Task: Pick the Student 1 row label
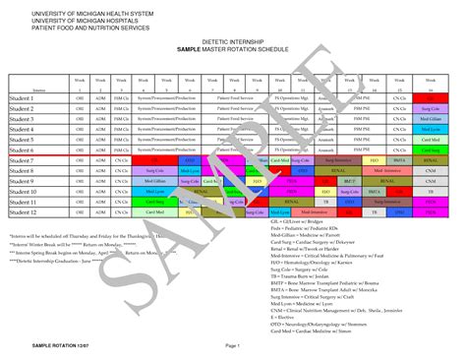point(23,98)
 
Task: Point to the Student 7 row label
point(23,159)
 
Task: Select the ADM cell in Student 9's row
point(99,181)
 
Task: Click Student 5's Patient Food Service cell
point(235,140)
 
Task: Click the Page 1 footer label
point(233,346)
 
